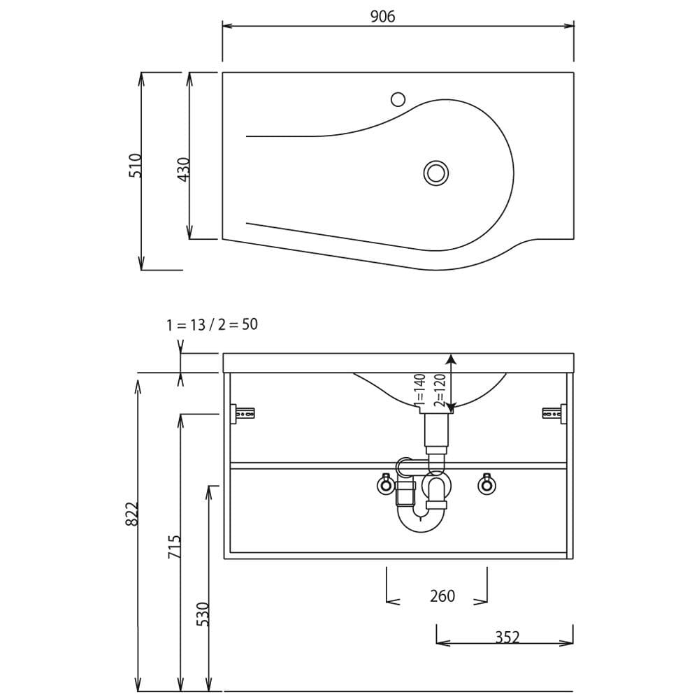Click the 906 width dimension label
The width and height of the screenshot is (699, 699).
[382, 17]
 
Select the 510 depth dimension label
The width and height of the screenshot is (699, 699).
[135, 166]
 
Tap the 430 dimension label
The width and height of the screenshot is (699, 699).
[184, 169]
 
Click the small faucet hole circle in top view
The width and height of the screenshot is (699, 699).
[398, 99]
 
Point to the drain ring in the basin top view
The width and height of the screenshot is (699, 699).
[435, 173]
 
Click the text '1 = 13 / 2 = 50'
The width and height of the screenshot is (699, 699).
[212, 324]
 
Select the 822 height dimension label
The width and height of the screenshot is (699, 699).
[132, 514]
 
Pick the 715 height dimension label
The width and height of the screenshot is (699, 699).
[174, 547]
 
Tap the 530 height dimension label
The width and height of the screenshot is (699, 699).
[203, 614]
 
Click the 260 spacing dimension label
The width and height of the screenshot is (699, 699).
[442, 596]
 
